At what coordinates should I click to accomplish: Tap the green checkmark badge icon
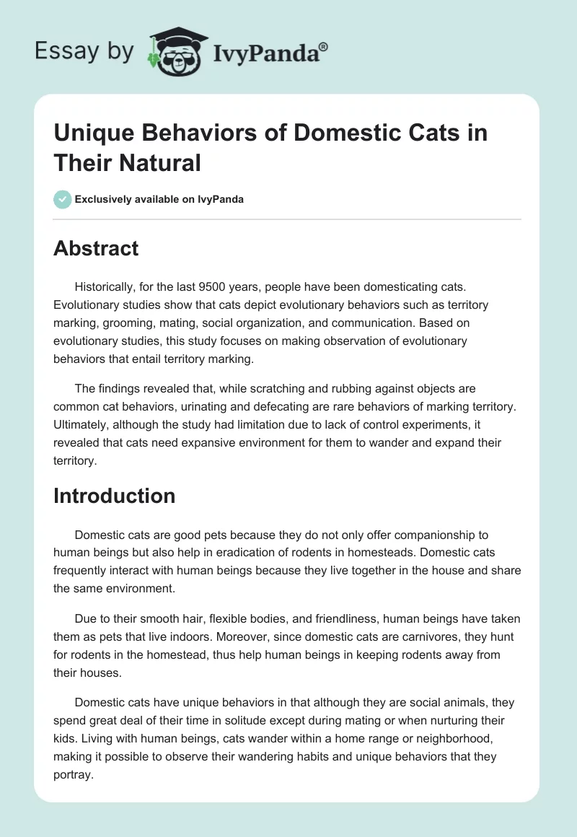click(62, 199)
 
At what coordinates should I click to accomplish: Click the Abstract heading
click(96, 248)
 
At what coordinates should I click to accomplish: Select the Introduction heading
click(114, 496)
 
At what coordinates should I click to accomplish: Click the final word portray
click(73, 775)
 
